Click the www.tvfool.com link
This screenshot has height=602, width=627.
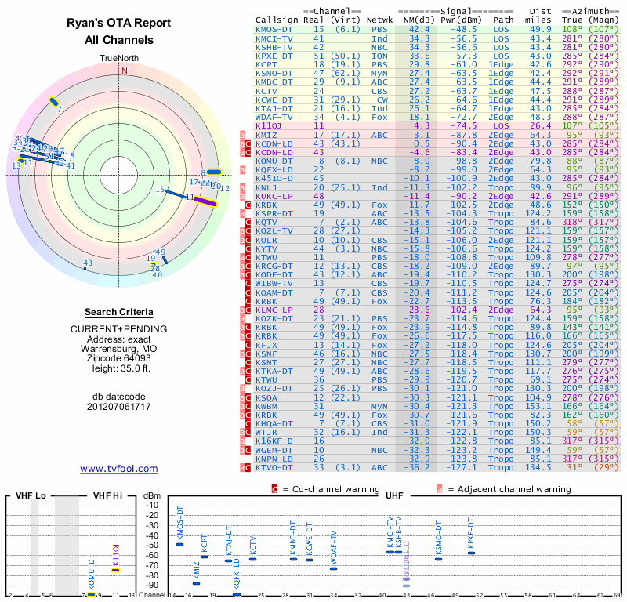[x=118, y=469]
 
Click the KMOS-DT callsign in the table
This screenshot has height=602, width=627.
[x=274, y=29]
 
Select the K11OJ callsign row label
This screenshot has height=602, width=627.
[x=268, y=125]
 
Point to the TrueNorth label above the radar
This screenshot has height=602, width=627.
[x=123, y=58]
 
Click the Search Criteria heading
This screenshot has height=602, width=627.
[x=119, y=312]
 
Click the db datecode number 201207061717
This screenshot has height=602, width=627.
[x=119, y=408]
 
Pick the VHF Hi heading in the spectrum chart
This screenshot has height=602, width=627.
[x=108, y=496]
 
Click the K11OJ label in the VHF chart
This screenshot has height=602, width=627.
[x=116, y=553]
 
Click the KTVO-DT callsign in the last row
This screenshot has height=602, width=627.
[x=274, y=468]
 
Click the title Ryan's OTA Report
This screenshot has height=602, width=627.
[x=119, y=24]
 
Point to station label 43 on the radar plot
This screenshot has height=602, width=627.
[x=88, y=263]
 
